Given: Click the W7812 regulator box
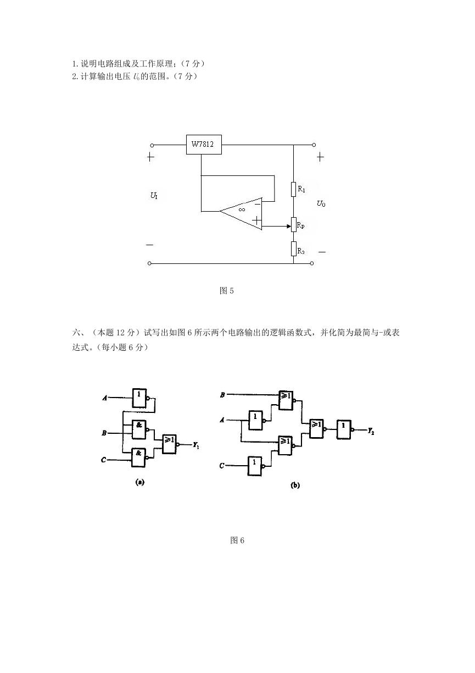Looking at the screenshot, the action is (204, 145).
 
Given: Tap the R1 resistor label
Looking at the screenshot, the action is (301, 189).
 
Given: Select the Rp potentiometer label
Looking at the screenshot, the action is (301, 225).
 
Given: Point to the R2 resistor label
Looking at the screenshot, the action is (301, 251).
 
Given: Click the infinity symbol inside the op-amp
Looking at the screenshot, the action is (242, 209).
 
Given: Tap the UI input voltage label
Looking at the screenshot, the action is (154, 196).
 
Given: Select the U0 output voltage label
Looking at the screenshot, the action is (321, 203).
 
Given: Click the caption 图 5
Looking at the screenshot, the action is (227, 290).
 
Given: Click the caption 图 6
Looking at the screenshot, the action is (237, 540).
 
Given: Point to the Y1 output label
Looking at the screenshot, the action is (196, 445).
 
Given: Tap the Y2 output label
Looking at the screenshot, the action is (371, 432).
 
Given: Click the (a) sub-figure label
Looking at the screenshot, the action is (140, 482).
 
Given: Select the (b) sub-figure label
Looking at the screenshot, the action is (295, 485).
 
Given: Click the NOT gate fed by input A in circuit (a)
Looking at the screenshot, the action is (139, 398).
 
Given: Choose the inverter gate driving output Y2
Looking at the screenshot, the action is (344, 429).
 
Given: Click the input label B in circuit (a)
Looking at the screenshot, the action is (104, 433).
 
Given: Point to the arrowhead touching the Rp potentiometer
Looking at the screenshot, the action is (289, 226).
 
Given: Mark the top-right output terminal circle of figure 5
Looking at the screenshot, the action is (314, 145).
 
